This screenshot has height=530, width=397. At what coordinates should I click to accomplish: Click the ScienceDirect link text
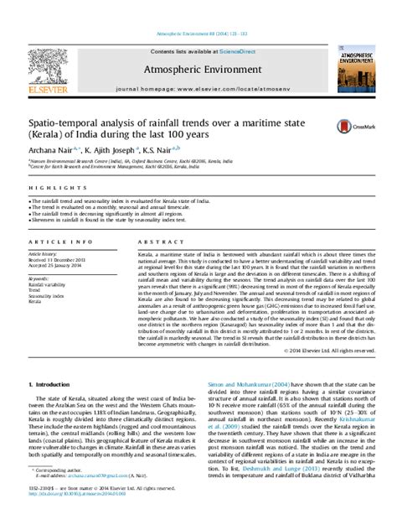[x=240, y=29]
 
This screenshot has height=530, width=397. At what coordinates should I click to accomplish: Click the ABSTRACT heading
[x=154, y=242]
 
